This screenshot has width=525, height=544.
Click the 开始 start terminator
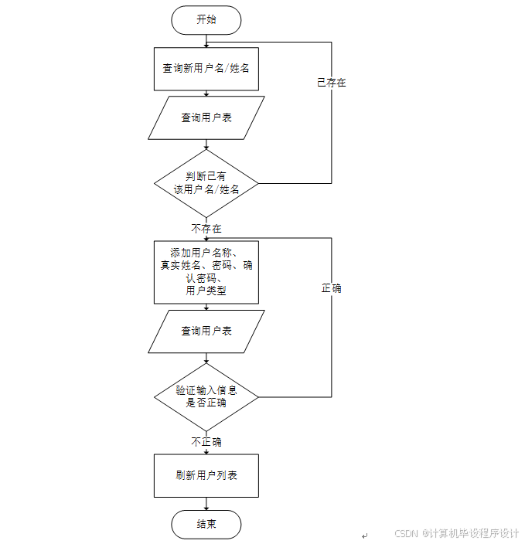point(206,20)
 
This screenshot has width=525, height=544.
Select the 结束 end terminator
point(206,525)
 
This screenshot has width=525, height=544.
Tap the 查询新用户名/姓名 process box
point(206,68)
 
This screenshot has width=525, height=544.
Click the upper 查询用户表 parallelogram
point(206,117)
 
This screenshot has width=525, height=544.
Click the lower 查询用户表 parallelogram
point(206,331)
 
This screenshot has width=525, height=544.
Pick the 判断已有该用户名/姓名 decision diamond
point(206,183)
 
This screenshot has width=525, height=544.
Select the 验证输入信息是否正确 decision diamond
point(206,397)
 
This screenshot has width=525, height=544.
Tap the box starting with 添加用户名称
point(206,271)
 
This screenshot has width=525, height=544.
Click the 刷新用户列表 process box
point(206,475)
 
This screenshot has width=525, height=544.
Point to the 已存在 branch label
point(331,83)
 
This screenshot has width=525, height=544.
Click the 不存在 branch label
point(206,229)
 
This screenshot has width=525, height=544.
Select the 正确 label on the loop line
point(331,288)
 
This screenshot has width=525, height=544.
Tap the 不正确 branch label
point(206,442)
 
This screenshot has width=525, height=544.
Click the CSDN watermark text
point(456,533)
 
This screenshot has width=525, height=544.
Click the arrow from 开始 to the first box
point(206,41)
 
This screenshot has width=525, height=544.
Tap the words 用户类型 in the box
point(206,291)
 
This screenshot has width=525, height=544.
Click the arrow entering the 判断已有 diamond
point(206,144)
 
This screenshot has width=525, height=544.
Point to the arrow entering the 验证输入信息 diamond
point(206,359)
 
